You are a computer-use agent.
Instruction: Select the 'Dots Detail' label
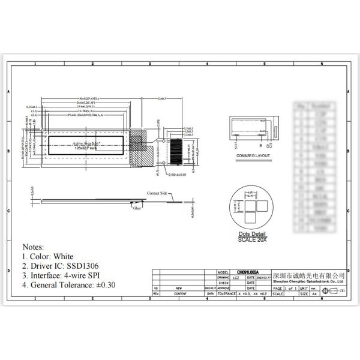[252, 233]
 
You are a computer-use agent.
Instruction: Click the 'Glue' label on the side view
[137, 209]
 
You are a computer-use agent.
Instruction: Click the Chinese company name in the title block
[308, 274]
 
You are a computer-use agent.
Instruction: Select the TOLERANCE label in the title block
[226, 294]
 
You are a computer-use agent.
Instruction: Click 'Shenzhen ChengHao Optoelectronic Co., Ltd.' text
[308, 280]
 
